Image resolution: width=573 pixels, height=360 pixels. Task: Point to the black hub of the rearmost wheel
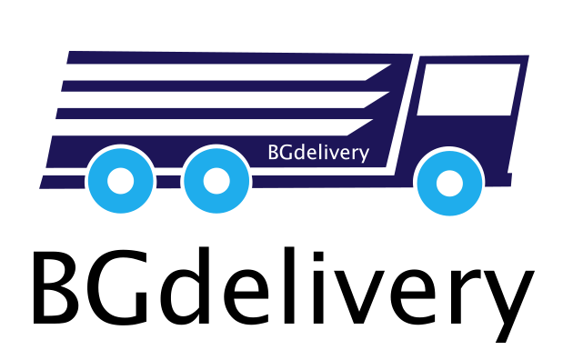coord(120,181)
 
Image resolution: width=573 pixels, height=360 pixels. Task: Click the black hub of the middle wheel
coord(216,181)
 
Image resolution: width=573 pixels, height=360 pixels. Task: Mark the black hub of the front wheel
coord(449,183)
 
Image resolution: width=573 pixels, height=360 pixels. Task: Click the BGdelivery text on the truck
coord(318,153)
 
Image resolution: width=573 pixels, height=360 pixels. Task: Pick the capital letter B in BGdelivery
coord(273,153)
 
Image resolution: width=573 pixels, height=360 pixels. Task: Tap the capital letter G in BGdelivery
coord(286,153)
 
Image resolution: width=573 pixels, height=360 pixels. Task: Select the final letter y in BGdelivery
coord(364,155)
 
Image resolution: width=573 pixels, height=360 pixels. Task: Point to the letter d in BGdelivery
coord(301,153)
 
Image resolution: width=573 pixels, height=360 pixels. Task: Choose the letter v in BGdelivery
coord(335,154)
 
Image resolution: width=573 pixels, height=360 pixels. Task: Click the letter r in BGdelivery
coord(356,154)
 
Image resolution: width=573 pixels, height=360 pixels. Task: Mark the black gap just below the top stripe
coord(218,72)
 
